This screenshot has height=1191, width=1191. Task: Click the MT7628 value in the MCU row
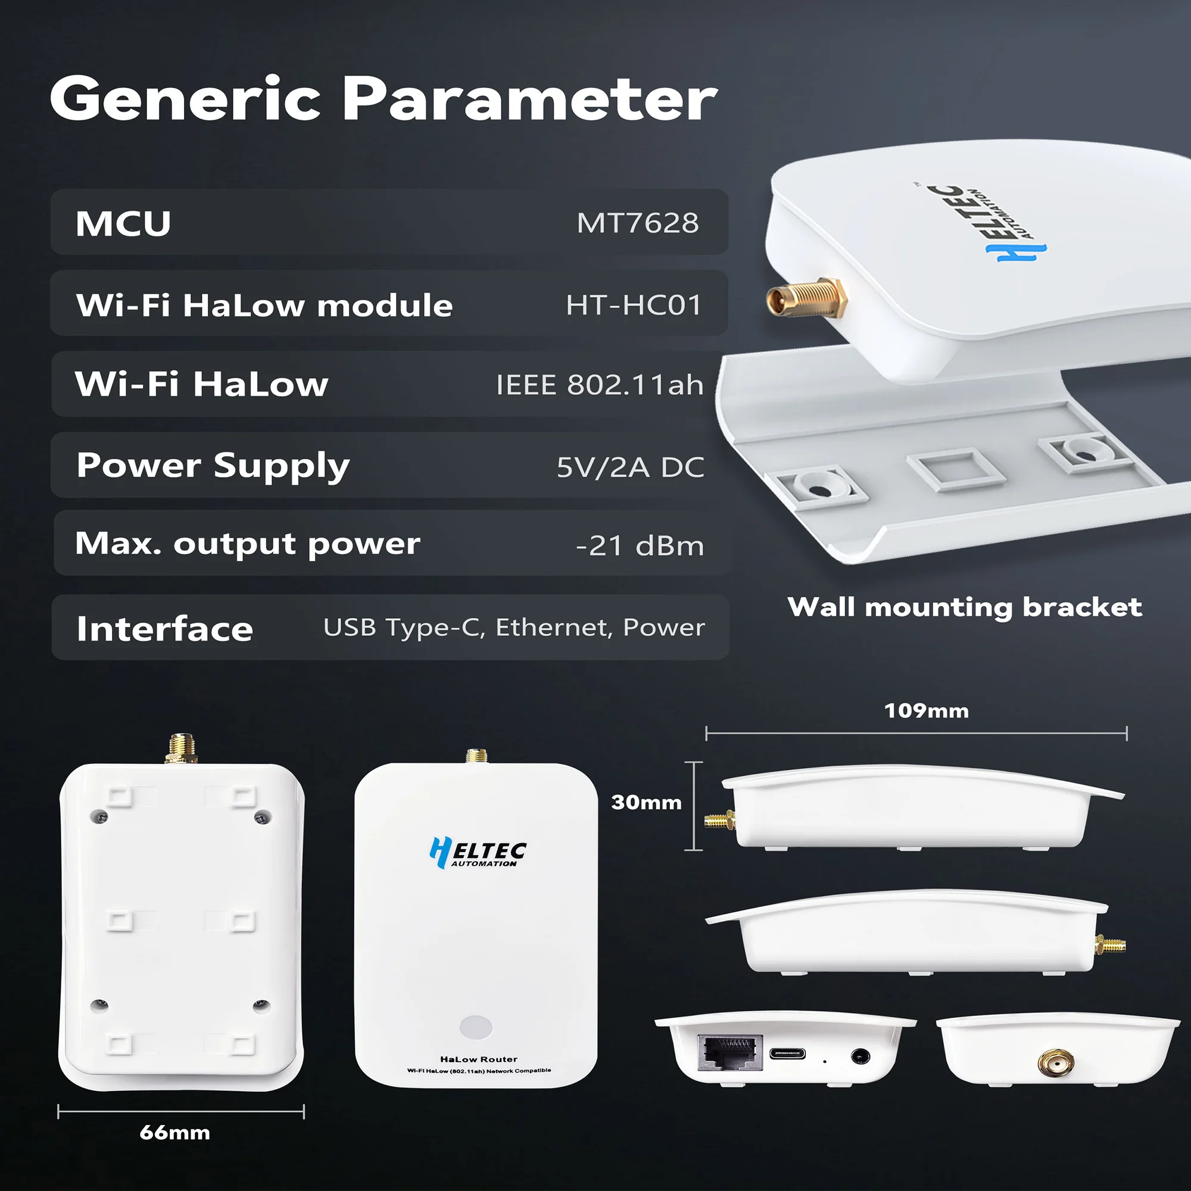[637, 223]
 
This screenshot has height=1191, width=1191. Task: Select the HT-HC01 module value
[634, 305]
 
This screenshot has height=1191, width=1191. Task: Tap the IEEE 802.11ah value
[599, 385]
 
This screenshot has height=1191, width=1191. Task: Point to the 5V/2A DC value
[630, 467]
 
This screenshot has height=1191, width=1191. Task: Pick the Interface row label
[164, 629]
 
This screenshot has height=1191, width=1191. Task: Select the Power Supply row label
[213, 466]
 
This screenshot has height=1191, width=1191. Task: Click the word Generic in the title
[185, 99]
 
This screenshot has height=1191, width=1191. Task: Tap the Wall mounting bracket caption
[964, 607]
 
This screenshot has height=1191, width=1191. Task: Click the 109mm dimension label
[926, 711]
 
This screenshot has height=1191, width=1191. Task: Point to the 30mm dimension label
[646, 802]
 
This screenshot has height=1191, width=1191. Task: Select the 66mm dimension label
[174, 1133]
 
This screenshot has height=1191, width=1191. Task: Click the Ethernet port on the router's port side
[729, 1052]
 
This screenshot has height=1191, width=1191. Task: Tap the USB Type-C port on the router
[787, 1053]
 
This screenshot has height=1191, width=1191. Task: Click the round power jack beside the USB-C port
[860, 1056]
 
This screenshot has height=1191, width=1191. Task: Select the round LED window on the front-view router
[476, 1027]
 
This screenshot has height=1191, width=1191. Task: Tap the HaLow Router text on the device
[478, 1059]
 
